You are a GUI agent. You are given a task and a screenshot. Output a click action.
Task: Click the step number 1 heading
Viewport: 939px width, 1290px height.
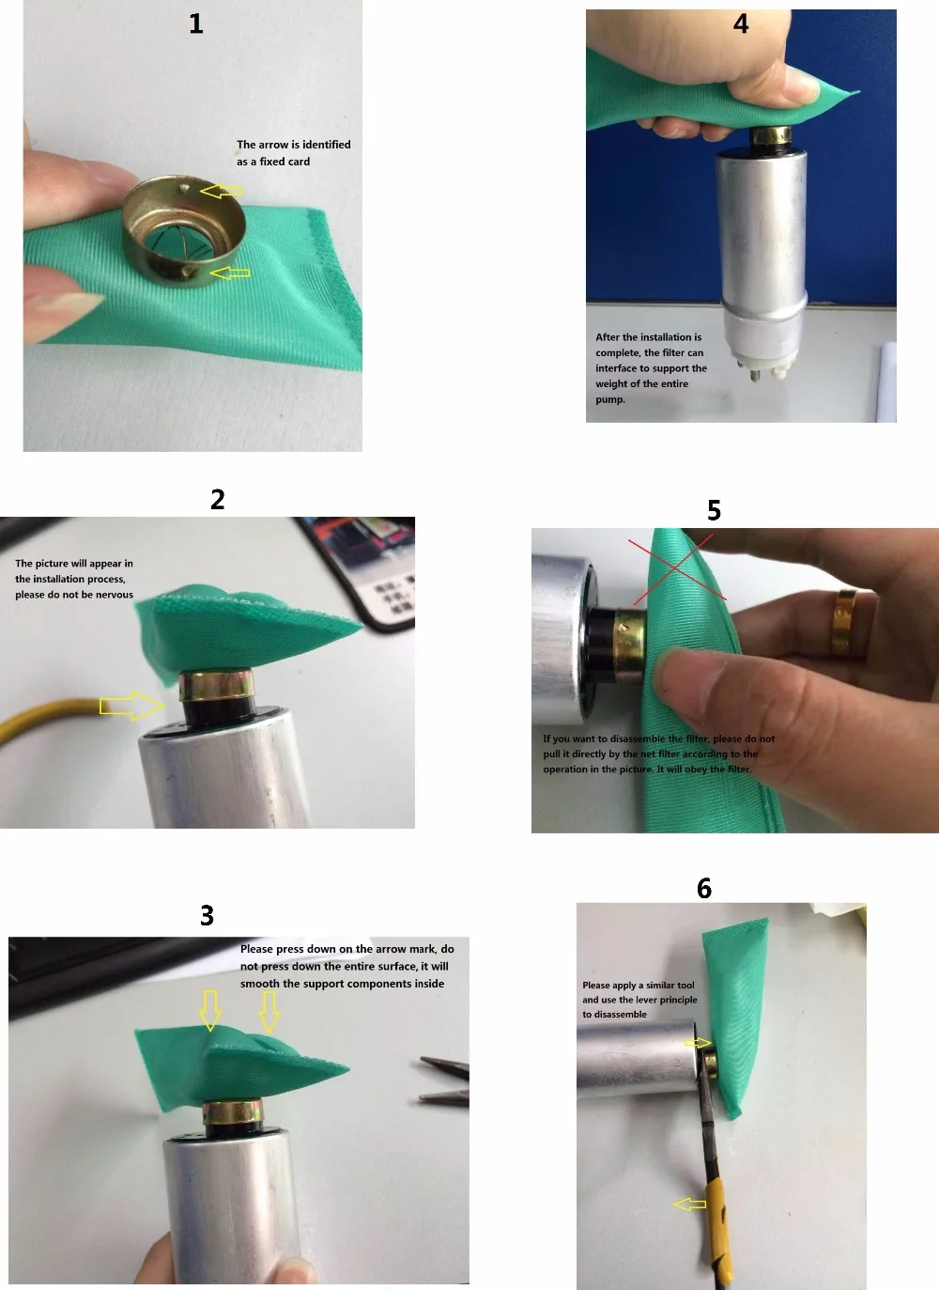[x=196, y=23]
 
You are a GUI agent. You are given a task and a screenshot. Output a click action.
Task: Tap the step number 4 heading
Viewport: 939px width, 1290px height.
[x=741, y=23]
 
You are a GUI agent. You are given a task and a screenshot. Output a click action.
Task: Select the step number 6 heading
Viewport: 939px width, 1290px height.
[x=704, y=889]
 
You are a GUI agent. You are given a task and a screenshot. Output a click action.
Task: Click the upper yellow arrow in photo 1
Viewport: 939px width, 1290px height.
[x=221, y=191]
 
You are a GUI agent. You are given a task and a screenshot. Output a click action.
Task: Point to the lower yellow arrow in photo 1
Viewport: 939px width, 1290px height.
[x=230, y=272]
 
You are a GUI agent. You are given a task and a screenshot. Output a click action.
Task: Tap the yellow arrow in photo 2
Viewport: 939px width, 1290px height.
[x=131, y=706]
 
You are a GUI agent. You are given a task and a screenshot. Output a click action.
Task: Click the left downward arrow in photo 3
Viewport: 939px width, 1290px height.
[x=210, y=1010]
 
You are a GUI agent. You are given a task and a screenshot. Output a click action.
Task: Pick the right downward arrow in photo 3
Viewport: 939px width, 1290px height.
[x=269, y=1011]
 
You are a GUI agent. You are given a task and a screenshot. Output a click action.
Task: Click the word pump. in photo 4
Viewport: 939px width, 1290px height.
[x=610, y=399]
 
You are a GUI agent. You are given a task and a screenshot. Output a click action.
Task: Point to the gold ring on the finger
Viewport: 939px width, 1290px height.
[x=844, y=623]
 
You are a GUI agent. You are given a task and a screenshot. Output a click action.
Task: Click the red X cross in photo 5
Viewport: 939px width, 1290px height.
[x=677, y=567]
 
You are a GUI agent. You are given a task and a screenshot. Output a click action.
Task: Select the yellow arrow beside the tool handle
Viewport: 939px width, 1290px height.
[x=690, y=1204]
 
